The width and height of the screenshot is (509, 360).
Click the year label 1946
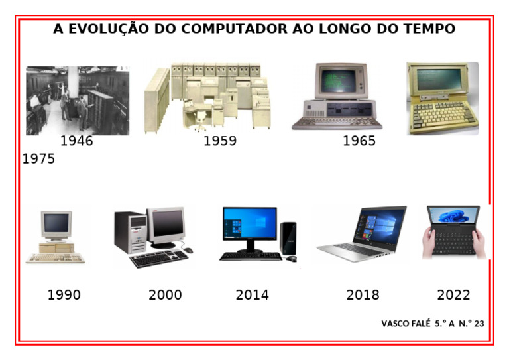pyautogui.click(x=77, y=141)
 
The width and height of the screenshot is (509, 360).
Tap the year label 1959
pyautogui.click(x=220, y=141)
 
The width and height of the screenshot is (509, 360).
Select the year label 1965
pyautogui.click(x=359, y=141)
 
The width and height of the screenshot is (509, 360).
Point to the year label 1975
pyautogui.click(x=39, y=159)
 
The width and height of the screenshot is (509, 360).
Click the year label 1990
pyautogui.click(x=64, y=295)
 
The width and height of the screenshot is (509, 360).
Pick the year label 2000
pyautogui.click(x=165, y=295)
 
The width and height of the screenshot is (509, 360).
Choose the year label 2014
pyautogui.click(x=253, y=295)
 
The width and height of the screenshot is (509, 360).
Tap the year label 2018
pyautogui.click(x=363, y=295)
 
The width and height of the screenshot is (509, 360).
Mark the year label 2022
pyautogui.click(x=454, y=295)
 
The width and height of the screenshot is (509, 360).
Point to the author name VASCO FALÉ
pyautogui.click(x=406, y=324)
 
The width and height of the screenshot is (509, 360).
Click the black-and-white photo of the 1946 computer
pyautogui.click(x=78, y=100)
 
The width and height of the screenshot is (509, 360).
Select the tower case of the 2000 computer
pyautogui.click(x=130, y=232)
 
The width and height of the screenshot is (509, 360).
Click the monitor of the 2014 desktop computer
pyautogui.click(x=249, y=223)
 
